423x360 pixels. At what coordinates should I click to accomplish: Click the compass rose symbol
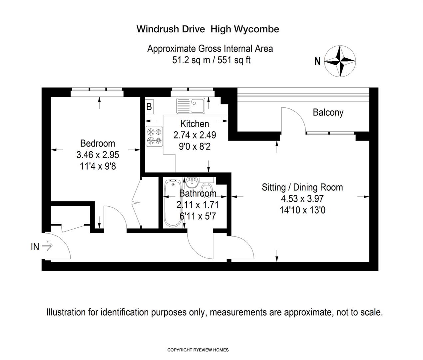[x=340, y=61]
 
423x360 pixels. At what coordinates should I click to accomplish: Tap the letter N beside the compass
[x=317, y=61]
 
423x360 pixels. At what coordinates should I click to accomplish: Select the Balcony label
[x=328, y=112]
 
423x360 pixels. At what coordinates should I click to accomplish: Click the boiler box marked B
[x=149, y=106]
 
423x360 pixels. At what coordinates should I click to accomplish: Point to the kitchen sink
[x=191, y=106]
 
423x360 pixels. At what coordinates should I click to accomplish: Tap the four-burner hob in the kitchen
[x=154, y=136]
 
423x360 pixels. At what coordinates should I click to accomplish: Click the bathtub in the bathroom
[x=173, y=203]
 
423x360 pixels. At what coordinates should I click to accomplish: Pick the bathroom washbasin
[x=192, y=183]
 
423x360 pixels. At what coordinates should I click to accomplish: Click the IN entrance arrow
[x=47, y=247]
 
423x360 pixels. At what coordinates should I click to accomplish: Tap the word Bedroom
[x=98, y=143]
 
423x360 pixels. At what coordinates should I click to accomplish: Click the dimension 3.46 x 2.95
[x=98, y=155]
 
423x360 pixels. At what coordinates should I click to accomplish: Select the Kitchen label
[x=195, y=124]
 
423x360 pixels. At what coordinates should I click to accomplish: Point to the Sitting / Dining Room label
[x=302, y=187]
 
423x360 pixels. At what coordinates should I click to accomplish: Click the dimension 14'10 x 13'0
[x=302, y=210]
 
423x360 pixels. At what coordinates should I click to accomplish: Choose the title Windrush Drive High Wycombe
[x=208, y=29]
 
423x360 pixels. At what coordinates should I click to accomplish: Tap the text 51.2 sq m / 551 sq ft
[x=211, y=60]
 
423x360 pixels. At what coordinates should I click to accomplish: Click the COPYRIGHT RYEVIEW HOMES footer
[x=198, y=350]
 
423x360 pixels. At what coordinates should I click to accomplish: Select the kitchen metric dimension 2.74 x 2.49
[x=195, y=135]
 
